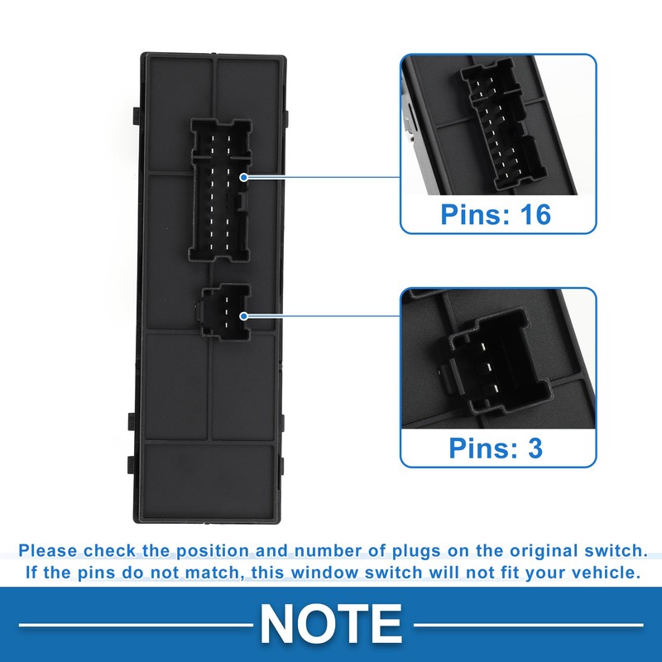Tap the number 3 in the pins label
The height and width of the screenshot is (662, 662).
coord(535,448)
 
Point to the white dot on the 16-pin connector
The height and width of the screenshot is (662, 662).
coord(243,178)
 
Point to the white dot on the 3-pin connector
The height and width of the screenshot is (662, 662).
coord(243,315)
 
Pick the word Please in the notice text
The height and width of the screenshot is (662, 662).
coord(46,550)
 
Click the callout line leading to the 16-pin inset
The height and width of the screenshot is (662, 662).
coord(323,178)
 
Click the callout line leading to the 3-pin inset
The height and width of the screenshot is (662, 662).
coord(323,315)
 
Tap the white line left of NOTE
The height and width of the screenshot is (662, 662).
coord(132,624)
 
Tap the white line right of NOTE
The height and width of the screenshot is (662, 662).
coord(530,624)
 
